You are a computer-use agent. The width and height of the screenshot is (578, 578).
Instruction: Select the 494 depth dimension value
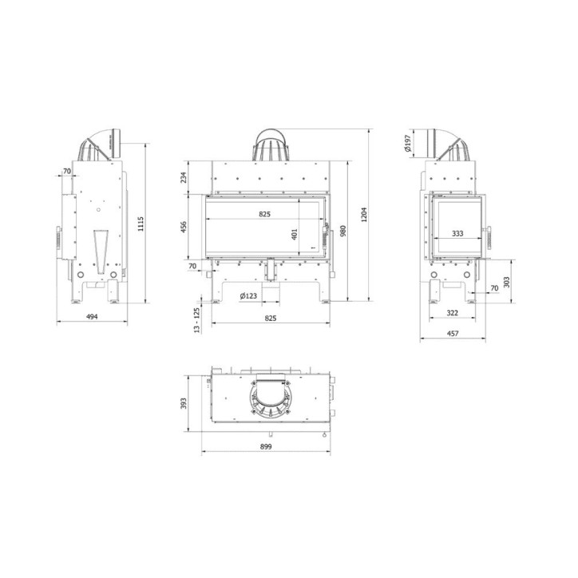pyautogui.click(x=92, y=317)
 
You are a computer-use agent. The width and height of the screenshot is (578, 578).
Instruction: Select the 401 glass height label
pyautogui.click(x=294, y=235)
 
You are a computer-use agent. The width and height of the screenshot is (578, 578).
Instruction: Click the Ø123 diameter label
pyautogui.click(x=248, y=297)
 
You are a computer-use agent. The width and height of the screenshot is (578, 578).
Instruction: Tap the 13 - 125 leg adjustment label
pyautogui.click(x=196, y=319)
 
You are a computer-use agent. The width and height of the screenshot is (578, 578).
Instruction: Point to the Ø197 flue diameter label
pyautogui.click(x=408, y=143)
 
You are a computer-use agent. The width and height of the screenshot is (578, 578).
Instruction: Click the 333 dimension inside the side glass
pyautogui.click(x=457, y=234)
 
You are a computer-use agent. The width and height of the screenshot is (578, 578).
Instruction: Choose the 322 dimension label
pyautogui.click(x=452, y=314)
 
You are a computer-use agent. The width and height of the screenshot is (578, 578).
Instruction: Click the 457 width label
pyautogui.click(x=452, y=334)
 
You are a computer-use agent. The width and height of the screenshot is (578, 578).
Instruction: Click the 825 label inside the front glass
pyautogui.click(x=265, y=214)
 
